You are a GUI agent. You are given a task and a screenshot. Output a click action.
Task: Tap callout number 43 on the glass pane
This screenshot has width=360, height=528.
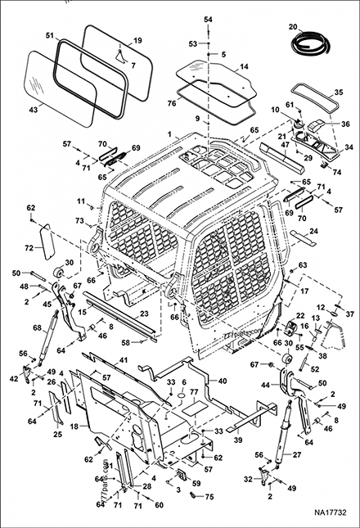click(x=34, y=109)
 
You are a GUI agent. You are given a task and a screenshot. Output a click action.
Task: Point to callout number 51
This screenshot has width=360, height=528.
click(x=49, y=35)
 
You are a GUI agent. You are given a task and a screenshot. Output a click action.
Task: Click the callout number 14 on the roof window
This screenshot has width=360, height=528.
click(x=243, y=67)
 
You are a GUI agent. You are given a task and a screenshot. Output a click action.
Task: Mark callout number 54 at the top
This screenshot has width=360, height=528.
click(x=208, y=18)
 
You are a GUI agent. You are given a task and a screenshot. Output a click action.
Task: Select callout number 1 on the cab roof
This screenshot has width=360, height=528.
click(x=169, y=133)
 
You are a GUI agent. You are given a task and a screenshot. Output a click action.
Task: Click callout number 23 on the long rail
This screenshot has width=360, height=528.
click(x=144, y=313)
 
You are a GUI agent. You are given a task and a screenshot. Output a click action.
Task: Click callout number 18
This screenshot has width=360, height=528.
click(x=75, y=426)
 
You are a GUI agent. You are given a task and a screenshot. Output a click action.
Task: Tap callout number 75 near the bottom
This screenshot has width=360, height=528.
click(x=209, y=496)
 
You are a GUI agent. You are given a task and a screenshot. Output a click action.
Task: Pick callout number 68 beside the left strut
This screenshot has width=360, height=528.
click(x=35, y=328)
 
